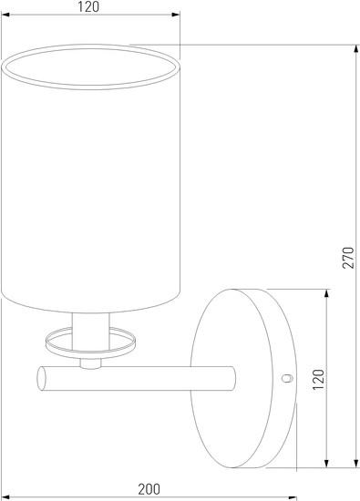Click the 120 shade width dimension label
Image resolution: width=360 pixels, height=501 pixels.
(88, 6)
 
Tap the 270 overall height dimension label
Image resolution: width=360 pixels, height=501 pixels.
(348, 258)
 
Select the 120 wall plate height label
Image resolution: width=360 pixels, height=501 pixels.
(318, 379)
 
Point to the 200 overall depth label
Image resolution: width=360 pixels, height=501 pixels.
(149, 489)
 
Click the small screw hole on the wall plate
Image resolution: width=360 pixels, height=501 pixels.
(287, 378)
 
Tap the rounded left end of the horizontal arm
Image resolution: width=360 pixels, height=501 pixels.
(41, 379)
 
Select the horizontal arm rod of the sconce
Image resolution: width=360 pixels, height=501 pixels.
(137, 379)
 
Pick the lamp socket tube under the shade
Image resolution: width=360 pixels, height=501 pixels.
(91, 332)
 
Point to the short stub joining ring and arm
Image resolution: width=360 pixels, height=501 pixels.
(90, 363)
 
